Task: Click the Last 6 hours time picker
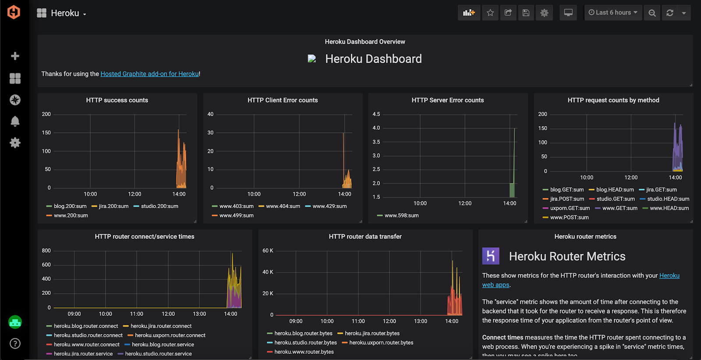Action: click(x=612, y=13)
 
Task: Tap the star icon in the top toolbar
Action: click(x=490, y=13)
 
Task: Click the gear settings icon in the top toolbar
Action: click(x=544, y=13)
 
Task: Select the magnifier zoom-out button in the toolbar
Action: click(x=652, y=13)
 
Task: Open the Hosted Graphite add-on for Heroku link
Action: click(x=150, y=74)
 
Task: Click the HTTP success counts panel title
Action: click(x=117, y=100)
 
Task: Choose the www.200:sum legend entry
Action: click(x=71, y=215)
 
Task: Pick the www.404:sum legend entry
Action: click(x=283, y=206)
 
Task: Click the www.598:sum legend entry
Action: click(x=401, y=215)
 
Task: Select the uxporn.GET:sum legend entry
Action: click(x=570, y=208)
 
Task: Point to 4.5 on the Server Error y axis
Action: click(x=376, y=114)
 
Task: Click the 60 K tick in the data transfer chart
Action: click(x=268, y=251)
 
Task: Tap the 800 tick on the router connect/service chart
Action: click(x=46, y=251)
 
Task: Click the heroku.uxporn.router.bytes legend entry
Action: click(x=381, y=343)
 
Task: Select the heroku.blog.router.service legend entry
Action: click(x=163, y=345)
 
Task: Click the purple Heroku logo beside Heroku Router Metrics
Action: click(x=491, y=256)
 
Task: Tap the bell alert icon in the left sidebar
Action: click(x=15, y=121)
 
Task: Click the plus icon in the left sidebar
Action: click(x=15, y=56)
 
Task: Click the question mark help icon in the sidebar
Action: click(x=15, y=343)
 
